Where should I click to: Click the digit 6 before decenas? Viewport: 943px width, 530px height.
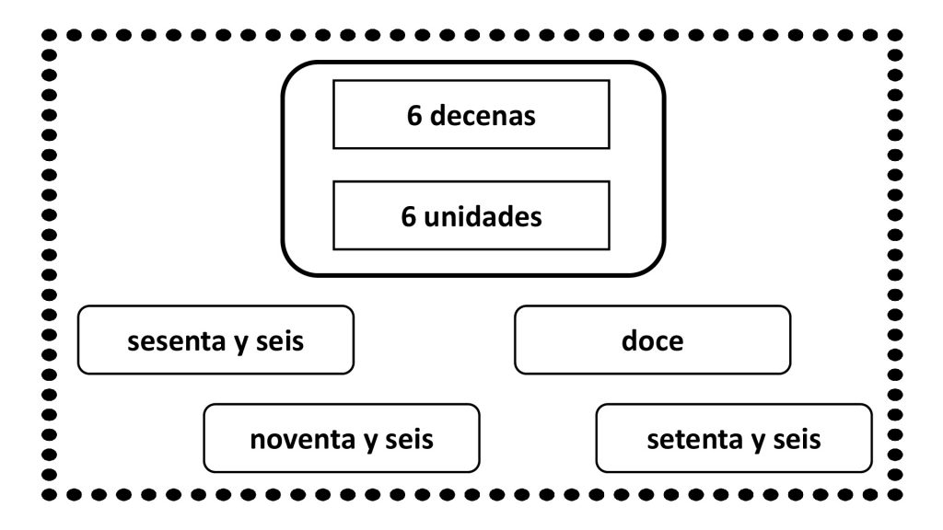(x=413, y=115)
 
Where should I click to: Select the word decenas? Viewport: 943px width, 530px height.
(x=483, y=115)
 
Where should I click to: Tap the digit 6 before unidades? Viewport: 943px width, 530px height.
(x=408, y=217)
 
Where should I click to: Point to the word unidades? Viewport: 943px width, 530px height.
(x=483, y=216)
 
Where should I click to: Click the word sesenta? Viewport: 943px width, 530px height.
(x=176, y=341)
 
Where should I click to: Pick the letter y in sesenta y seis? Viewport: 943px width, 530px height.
(x=240, y=344)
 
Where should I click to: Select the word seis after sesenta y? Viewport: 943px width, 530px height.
(x=280, y=340)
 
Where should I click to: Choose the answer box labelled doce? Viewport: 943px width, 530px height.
(x=653, y=340)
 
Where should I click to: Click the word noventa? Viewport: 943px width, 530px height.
(x=301, y=440)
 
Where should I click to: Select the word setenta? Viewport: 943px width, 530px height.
(x=695, y=440)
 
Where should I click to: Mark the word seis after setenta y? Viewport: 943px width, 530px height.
(x=797, y=439)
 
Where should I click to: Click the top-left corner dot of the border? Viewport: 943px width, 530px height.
(x=50, y=36)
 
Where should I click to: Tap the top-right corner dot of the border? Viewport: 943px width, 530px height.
(x=895, y=36)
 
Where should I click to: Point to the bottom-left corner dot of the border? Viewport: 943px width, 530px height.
(x=50, y=494)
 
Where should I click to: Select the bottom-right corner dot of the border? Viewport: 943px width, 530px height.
(x=895, y=494)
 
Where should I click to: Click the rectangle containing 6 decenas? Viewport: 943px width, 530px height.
(x=471, y=81)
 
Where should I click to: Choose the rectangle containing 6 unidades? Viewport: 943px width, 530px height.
(x=471, y=182)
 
